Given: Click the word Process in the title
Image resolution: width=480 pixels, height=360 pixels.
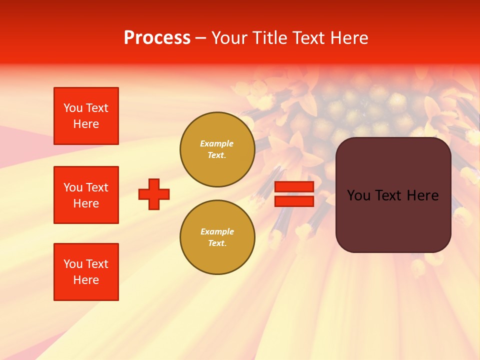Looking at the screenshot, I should [157, 38].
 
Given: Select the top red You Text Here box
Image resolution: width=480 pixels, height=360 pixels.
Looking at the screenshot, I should [86, 116].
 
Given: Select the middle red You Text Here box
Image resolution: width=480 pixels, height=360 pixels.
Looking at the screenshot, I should [86, 195].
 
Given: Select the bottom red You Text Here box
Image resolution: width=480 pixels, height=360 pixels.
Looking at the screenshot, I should [86, 272].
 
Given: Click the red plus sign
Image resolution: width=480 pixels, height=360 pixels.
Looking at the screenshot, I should [154, 194].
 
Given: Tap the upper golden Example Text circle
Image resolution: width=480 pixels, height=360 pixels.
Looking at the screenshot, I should [217, 149].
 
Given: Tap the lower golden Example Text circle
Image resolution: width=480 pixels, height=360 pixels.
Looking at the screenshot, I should [217, 237].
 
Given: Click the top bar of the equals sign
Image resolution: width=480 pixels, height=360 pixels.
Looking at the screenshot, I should [294, 187].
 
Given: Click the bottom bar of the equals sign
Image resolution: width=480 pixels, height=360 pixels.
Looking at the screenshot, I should [294, 201].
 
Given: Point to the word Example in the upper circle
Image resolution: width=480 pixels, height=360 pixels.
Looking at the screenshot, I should [217, 143].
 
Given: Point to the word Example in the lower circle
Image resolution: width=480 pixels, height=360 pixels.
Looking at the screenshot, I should [217, 231].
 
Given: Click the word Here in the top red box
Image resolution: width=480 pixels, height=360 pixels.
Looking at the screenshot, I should [86, 124].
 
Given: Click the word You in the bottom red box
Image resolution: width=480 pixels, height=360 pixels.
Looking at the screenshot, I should [73, 264].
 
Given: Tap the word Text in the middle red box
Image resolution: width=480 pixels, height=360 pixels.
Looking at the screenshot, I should [96, 187].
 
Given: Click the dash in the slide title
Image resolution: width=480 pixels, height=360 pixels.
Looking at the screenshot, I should [200, 38].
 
